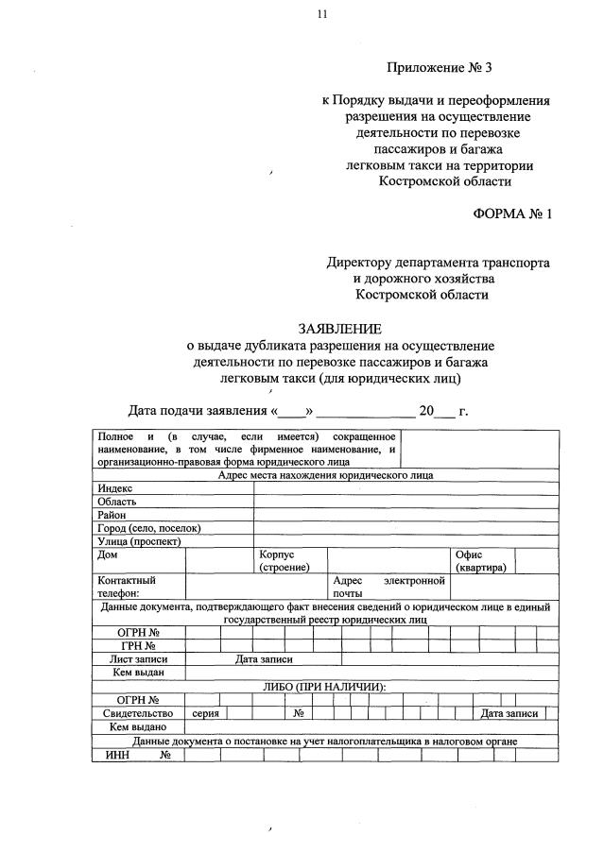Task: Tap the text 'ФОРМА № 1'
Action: pyautogui.click(x=511, y=214)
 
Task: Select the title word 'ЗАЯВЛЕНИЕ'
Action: pyautogui.click(x=340, y=329)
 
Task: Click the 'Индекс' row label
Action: pyautogui.click(x=115, y=487)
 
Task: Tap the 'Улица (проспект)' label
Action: pyautogui.click(x=139, y=541)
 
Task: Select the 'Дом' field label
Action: pyautogui.click(x=108, y=554)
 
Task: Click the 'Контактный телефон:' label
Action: pyautogui.click(x=127, y=587)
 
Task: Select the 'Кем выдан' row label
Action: pyautogui.click(x=138, y=673)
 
